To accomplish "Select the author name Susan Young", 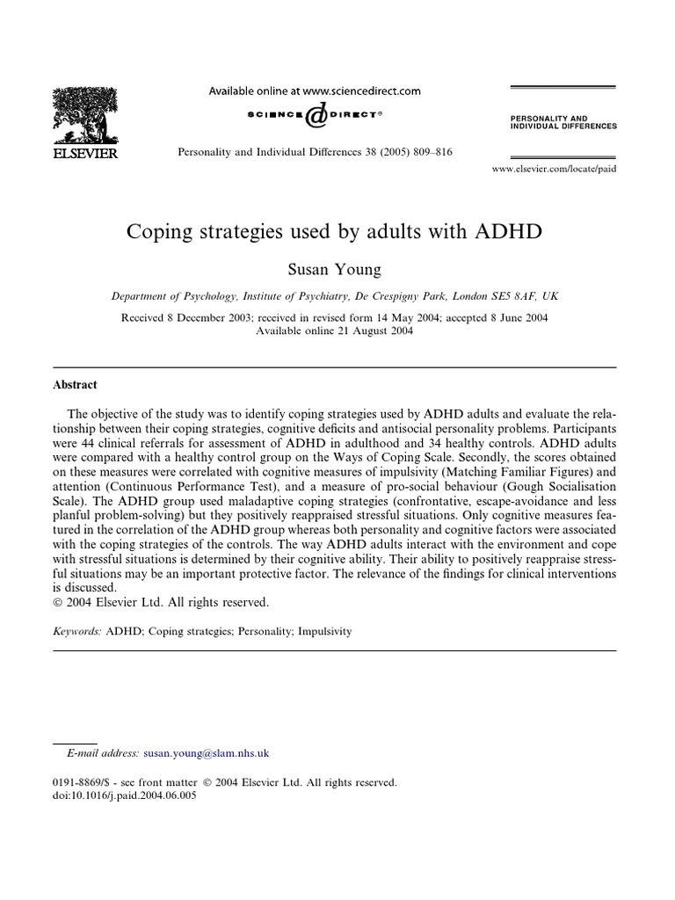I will tap(337, 264).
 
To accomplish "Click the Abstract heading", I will tap(77, 385).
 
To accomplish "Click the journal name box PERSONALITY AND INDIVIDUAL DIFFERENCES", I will tap(563, 121).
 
